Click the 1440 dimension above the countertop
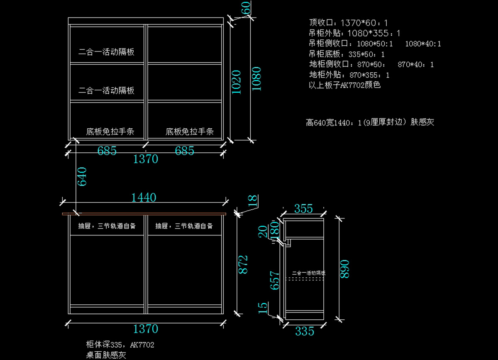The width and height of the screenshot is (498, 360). click(144, 198)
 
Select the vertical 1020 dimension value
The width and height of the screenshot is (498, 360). click(236, 82)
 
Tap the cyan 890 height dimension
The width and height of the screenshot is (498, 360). click(344, 269)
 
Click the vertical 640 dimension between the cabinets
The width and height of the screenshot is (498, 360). click(82, 176)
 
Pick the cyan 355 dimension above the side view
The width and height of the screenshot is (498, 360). click(303, 209)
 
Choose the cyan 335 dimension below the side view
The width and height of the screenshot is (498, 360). click(305, 331)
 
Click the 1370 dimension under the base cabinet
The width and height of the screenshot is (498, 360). click(145, 329)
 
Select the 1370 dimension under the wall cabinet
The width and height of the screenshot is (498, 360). click(145, 159)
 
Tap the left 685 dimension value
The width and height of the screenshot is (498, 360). click(107, 150)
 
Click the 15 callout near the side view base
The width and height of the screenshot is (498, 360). click(263, 307)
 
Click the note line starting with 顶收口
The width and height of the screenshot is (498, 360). click(349, 23)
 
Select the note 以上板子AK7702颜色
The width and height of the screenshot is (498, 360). click(345, 86)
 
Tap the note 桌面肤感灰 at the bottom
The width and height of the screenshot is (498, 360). click(105, 355)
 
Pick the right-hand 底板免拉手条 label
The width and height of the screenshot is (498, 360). click(190, 132)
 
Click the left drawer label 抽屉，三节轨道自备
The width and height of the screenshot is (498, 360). click(107, 226)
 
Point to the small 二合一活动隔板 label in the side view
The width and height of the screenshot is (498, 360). click(309, 273)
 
